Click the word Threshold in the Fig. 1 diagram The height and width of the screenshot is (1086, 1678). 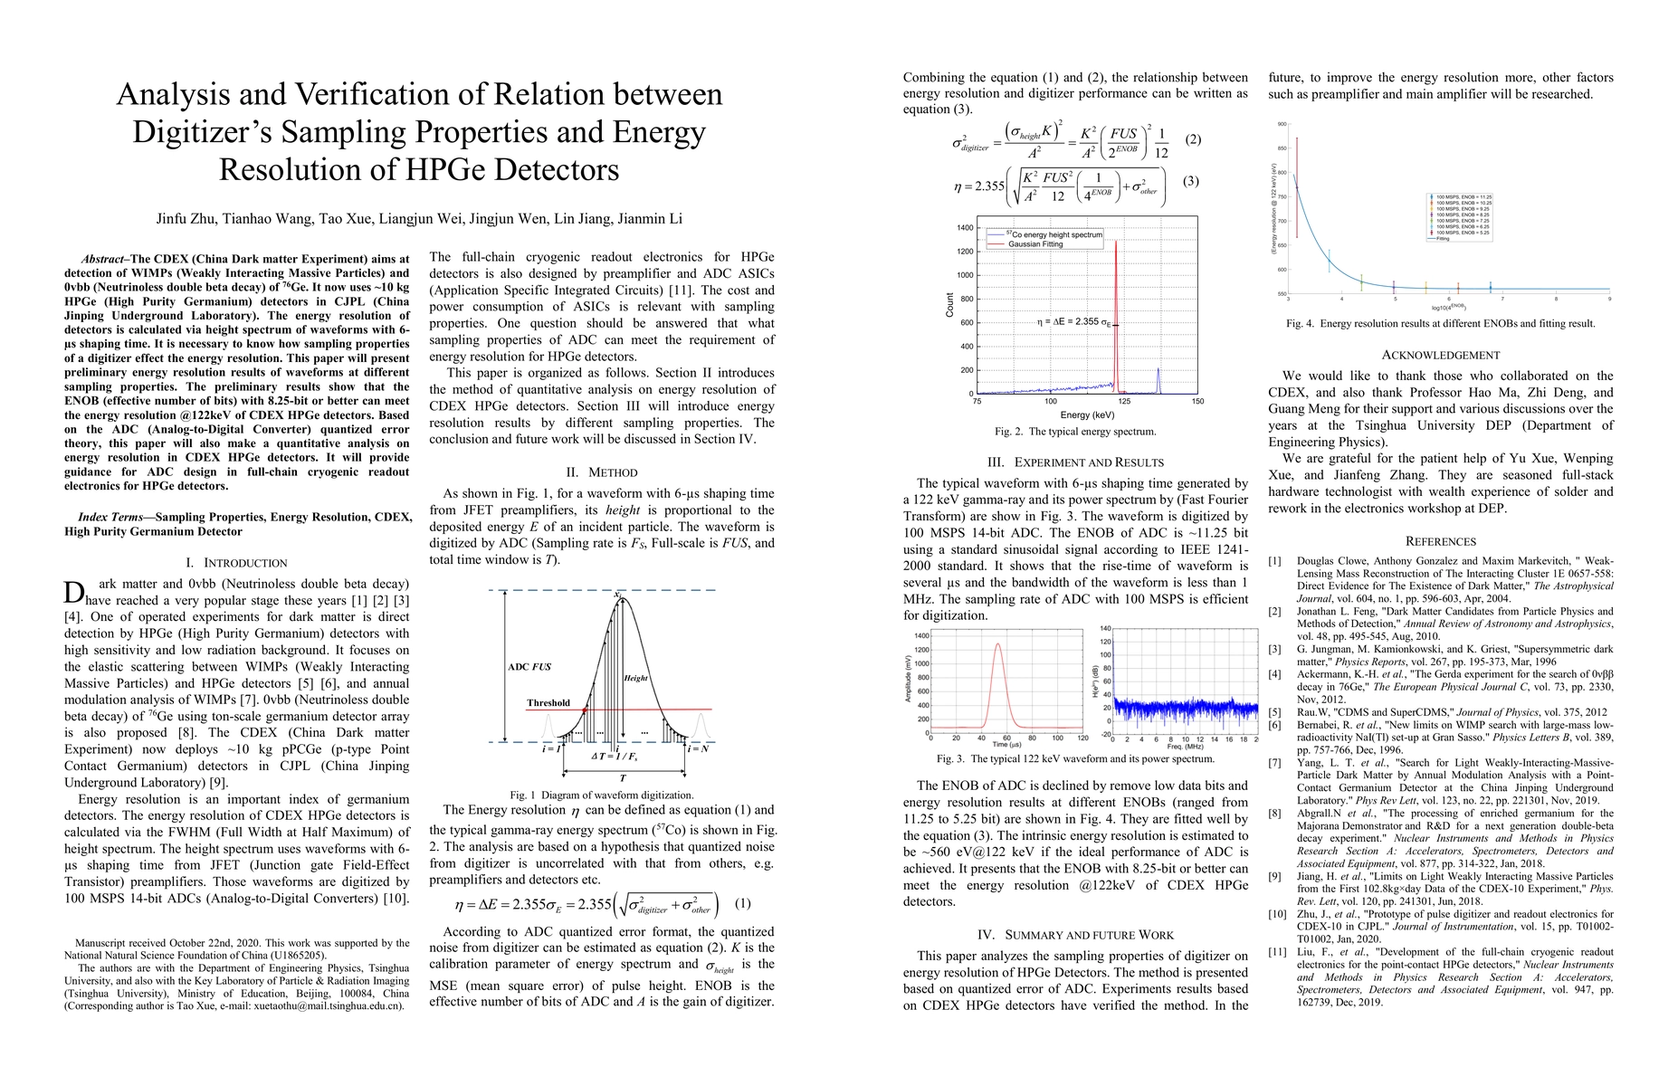tap(548, 703)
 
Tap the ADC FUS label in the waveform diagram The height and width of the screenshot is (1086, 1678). tap(529, 667)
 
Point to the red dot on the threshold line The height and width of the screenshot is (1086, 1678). tap(585, 710)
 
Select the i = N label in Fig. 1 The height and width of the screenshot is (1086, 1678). tap(698, 748)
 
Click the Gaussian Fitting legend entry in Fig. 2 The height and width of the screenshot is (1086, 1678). tap(1037, 244)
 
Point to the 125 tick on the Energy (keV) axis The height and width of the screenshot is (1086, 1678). tap(1124, 401)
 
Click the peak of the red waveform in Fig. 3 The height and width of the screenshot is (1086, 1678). tap(997, 644)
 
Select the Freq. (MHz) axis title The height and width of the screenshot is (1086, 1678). tap(1185, 747)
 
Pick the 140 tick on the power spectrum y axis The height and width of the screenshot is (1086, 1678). tap(1105, 628)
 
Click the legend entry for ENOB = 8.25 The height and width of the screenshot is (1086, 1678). tap(1457, 214)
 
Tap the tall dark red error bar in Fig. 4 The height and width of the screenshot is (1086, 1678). tap(1297, 187)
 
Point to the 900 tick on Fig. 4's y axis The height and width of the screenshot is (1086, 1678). tap(1281, 124)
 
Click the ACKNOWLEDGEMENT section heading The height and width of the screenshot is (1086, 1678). tap(1440, 356)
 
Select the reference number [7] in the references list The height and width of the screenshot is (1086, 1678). tap(1274, 763)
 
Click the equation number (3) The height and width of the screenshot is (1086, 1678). tap(1191, 181)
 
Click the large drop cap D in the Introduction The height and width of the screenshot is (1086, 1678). tap(74, 593)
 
